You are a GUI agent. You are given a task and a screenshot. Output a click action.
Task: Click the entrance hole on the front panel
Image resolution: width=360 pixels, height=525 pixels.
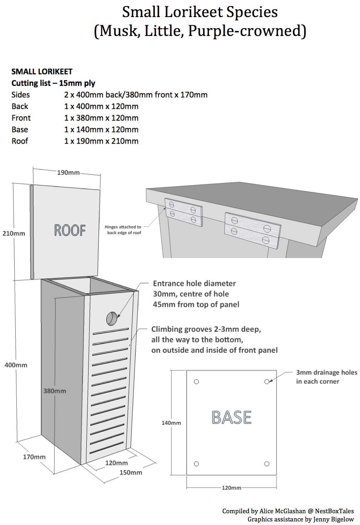point(112,319)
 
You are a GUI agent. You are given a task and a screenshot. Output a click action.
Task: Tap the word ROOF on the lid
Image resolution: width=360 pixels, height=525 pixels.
point(70,230)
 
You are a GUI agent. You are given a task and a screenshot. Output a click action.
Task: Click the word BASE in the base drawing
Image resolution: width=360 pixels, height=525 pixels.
point(232,418)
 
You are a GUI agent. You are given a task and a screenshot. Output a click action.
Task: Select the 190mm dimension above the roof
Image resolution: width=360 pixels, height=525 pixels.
point(68,173)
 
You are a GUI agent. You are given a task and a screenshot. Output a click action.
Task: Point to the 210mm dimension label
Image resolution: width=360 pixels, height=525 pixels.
point(14,233)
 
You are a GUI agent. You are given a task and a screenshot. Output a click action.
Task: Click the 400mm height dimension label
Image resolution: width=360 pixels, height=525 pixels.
point(16,365)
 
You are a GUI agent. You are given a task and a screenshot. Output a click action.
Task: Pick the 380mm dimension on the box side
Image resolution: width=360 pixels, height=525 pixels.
point(54,391)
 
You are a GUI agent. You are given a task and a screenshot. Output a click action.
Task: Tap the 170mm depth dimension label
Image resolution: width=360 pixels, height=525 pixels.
point(34,457)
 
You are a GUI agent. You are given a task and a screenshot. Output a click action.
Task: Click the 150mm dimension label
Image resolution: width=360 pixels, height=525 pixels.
point(131,473)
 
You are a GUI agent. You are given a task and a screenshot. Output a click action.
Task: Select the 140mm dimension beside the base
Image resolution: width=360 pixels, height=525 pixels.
point(171,423)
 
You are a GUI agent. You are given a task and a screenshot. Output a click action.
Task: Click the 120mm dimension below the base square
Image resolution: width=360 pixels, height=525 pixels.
point(232,488)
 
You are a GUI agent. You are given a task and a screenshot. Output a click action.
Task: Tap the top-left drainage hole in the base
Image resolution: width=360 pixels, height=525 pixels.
point(196,382)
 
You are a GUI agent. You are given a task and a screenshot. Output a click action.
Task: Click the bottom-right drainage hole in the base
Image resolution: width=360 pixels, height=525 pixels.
point(267,463)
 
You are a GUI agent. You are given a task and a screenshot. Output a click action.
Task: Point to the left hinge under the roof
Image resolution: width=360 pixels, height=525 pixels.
point(184,212)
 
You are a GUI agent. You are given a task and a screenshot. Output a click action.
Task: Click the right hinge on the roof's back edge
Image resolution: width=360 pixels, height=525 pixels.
point(253,230)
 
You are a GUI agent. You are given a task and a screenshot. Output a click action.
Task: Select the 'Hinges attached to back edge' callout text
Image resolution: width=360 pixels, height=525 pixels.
point(123,230)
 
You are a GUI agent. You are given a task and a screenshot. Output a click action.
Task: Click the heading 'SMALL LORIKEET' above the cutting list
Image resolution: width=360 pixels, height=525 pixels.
point(42,72)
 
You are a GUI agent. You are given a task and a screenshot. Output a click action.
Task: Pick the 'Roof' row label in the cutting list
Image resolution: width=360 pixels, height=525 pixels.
point(20,141)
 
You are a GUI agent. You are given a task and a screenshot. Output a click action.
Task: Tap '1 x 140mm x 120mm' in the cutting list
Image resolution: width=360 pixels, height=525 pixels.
point(101,130)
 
